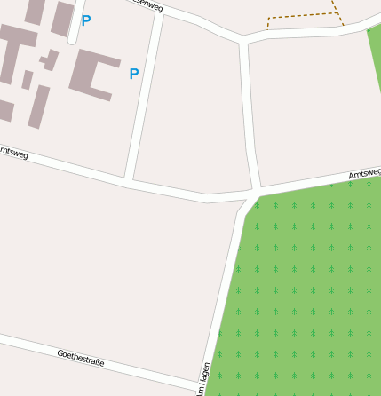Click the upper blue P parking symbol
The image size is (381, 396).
point(85,20)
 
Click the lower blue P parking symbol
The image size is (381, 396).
point(133,74)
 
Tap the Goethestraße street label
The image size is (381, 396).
point(81,358)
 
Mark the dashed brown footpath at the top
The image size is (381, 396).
point(302,18)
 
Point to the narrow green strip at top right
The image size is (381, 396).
point(375,53)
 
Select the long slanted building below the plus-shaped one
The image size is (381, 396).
point(39,107)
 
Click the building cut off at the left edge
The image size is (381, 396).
point(6,110)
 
